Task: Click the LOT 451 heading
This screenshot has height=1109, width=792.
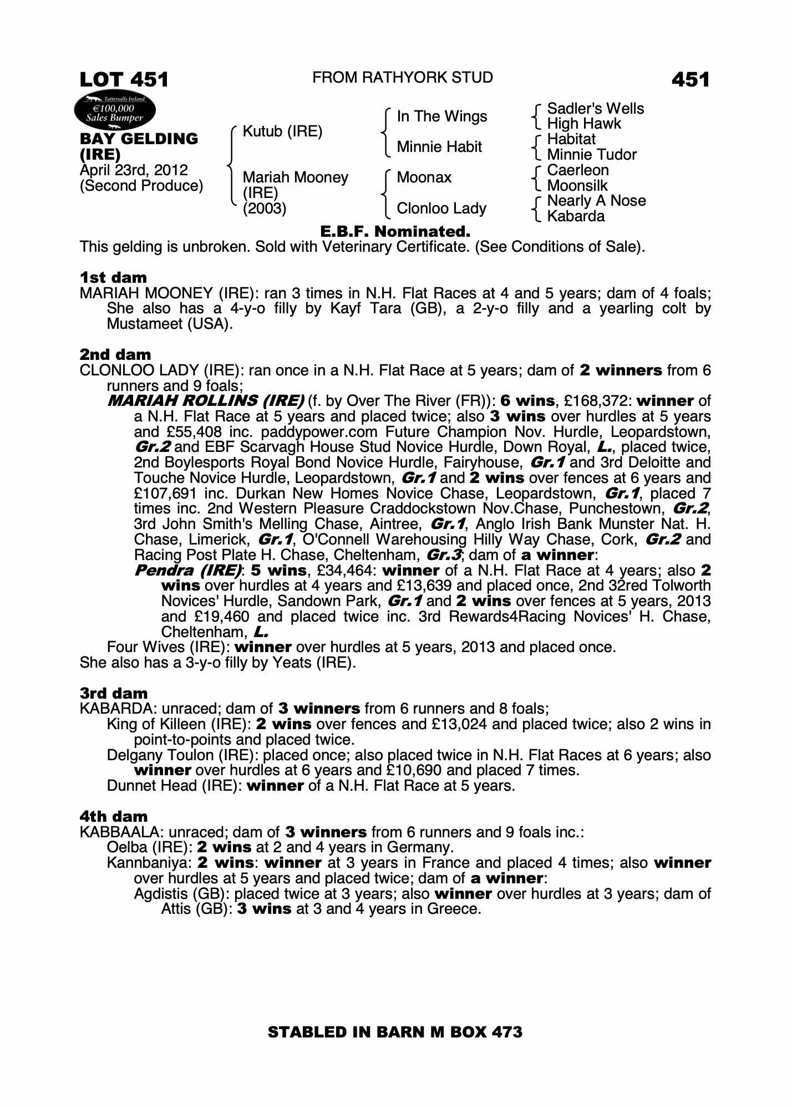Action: (x=124, y=80)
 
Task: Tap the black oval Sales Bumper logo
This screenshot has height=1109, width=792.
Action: (x=115, y=110)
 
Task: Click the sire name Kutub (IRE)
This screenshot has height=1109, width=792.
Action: (x=282, y=132)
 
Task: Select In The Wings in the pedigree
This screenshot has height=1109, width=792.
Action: (x=441, y=116)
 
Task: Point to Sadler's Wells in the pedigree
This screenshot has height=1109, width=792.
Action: (x=595, y=109)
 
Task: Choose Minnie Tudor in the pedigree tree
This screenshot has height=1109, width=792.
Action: (x=591, y=155)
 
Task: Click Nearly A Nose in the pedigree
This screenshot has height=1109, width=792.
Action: (x=596, y=201)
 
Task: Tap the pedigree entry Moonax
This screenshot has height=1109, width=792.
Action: (x=424, y=177)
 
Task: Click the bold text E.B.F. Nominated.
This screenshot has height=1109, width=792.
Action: (x=395, y=231)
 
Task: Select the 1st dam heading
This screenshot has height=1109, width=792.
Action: (x=113, y=277)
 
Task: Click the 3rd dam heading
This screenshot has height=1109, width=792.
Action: (x=114, y=693)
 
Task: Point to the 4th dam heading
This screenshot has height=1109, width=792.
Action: (x=114, y=816)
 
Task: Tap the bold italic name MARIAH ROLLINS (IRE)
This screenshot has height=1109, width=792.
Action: (x=206, y=401)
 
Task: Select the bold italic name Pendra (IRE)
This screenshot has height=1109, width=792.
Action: (x=188, y=571)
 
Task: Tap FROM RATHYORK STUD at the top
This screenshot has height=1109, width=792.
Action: (x=403, y=78)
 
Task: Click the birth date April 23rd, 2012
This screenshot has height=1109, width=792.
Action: (x=134, y=170)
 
